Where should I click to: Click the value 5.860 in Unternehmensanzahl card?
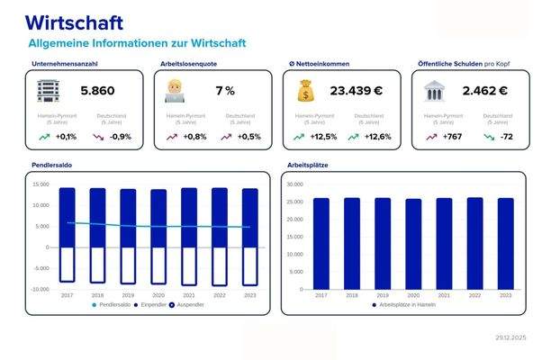coord(97,91)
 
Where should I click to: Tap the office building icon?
coord(47,90)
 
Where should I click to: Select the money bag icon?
coord(306,91)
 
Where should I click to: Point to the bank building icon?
coord(436,91)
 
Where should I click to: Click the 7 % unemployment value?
coord(224,91)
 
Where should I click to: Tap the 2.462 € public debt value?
coord(485,91)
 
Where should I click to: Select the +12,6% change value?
coord(375,137)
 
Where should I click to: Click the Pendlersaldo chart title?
coord(54,166)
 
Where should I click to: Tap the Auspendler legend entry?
coord(186,305)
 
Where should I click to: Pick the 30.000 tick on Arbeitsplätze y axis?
coord(294,184)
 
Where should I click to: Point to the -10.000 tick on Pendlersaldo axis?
coord(40,289)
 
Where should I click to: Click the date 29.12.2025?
coord(510,337)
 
